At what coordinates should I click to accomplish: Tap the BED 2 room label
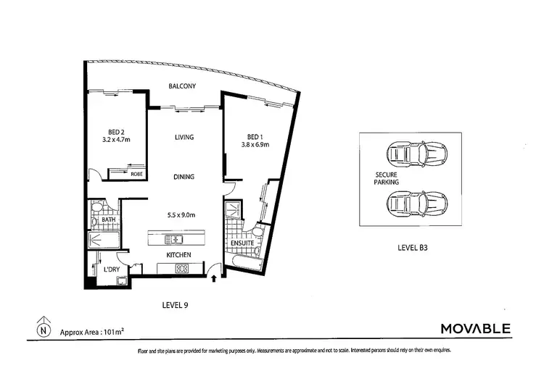tap(117, 132)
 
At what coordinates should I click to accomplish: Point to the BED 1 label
tap(255, 136)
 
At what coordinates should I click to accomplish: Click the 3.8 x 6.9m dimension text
tap(255, 145)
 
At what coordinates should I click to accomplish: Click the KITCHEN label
tap(178, 255)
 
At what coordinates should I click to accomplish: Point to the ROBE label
tap(136, 174)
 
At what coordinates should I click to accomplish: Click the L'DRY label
tap(112, 270)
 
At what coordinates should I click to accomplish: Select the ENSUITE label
tap(242, 243)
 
